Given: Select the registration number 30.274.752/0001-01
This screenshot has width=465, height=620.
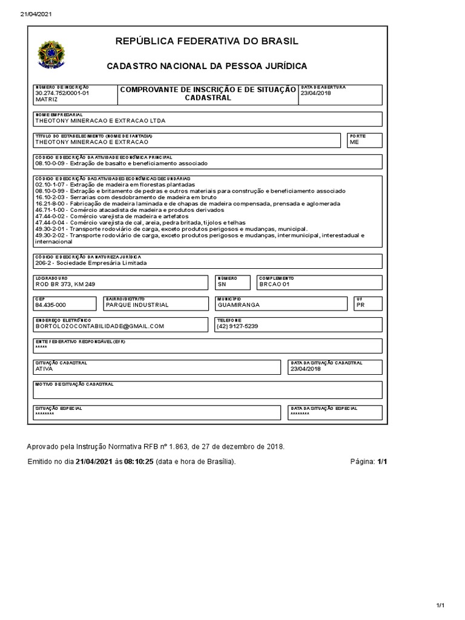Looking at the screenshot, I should tap(62, 94).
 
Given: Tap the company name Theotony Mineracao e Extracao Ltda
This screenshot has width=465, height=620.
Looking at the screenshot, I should tap(100, 120).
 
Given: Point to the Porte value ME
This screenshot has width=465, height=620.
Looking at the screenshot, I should tap(354, 142).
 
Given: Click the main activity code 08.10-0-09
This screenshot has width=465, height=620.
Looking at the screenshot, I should tap(51, 163).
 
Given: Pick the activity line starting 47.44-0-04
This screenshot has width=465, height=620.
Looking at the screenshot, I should tap(136, 223).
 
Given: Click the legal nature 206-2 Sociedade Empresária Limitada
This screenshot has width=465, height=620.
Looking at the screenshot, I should tap(91, 263).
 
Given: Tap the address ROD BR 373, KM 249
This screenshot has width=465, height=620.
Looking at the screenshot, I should tap(65, 285).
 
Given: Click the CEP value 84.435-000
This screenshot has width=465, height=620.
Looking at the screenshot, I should tap(50, 305).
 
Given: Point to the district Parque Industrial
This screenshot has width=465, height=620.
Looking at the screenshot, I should tap(137, 305).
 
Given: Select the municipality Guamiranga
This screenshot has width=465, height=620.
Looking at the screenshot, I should tap(238, 305).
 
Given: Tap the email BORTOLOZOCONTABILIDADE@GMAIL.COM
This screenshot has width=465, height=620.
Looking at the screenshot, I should tap(100, 326).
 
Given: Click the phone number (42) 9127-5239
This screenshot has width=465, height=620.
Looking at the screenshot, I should tap(237, 326).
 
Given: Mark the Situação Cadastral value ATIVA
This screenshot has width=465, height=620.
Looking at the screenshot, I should tap(45, 368).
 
